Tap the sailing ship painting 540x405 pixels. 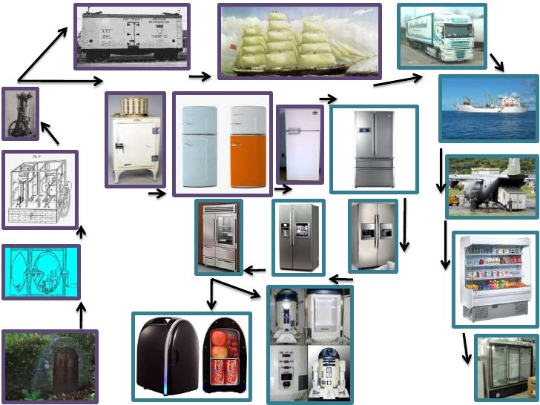299,42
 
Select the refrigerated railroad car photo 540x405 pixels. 132,36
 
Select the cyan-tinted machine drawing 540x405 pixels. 41,271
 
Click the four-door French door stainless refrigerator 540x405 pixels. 374,148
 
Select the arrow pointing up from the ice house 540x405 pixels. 82,315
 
